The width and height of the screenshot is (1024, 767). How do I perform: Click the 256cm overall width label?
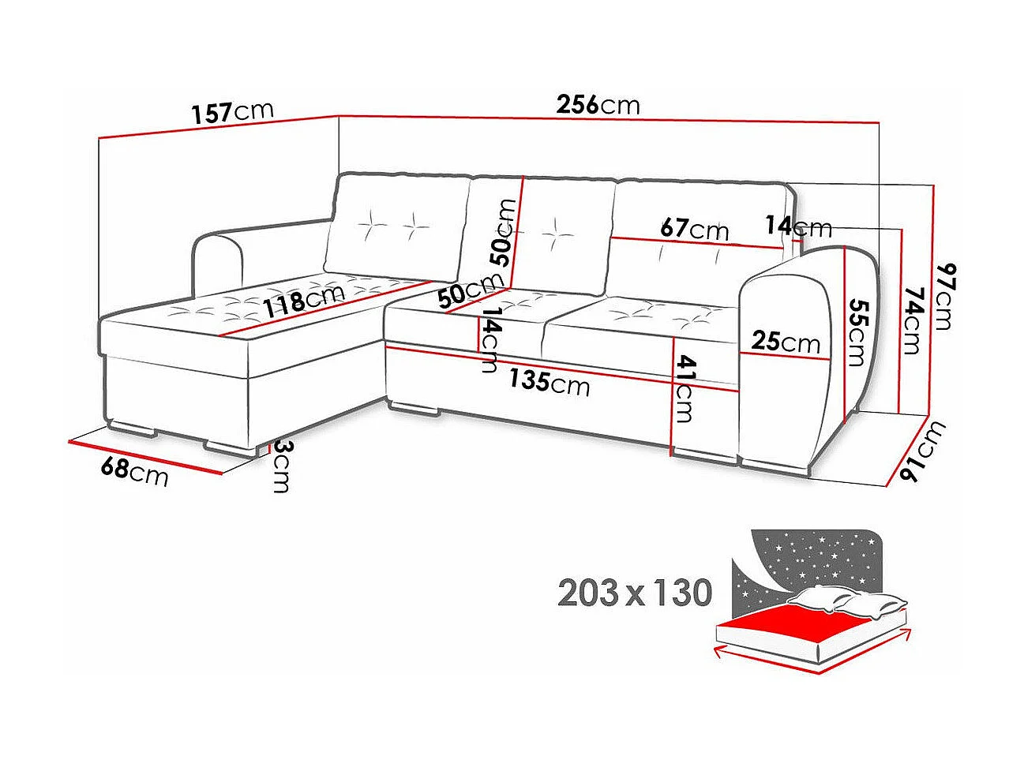[x=598, y=104]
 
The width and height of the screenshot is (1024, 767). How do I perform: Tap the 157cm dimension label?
[x=233, y=111]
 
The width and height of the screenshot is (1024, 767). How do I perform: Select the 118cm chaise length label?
[x=304, y=299]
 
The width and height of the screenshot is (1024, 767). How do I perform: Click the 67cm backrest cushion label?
[x=694, y=229]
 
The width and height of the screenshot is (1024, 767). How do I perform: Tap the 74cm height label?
[x=912, y=320]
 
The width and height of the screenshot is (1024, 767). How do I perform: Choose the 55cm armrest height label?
[x=855, y=332]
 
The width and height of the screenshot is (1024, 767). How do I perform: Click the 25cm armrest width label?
[x=786, y=342]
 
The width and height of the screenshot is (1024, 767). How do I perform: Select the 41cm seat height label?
[x=684, y=388]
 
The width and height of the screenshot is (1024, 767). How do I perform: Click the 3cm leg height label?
[x=280, y=466]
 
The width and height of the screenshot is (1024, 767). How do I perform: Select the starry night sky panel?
[x=813, y=560]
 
